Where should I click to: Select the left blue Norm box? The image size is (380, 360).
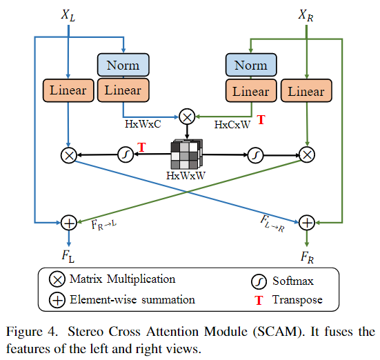tap(123, 66)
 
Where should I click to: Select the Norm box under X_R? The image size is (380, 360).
tap(251, 66)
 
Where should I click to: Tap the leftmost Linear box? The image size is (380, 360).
tap(68, 90)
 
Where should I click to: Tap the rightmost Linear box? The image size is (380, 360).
tap(306, 92)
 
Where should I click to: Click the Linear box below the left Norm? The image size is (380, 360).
tap(123, 90)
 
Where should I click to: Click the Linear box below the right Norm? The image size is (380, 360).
tap(251, 92)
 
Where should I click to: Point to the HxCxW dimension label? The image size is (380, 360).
tap(231, 124)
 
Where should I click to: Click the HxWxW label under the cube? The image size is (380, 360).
tap(186, 175)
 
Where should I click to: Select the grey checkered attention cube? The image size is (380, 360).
tap(187, 154)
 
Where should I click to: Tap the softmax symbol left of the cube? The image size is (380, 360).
tap(126, 153)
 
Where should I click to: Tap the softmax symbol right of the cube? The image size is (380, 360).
tap(254, 153)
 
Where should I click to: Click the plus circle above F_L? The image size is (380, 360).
tap(68, 222)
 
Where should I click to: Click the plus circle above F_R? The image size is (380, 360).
tap(306, 222)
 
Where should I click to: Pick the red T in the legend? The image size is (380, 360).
tap(258, 300)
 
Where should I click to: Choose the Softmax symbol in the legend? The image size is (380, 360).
tap(258, 281)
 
